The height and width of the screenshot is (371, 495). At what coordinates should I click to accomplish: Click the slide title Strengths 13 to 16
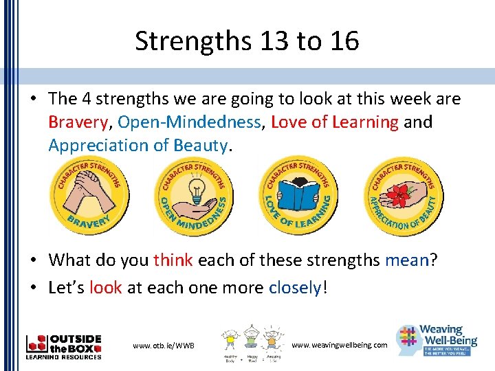point(247,41)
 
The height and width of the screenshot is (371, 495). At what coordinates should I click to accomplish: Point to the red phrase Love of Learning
point(335,122)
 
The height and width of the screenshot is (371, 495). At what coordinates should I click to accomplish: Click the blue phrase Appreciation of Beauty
point(137,146)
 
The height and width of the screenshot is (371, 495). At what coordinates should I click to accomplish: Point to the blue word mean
point(406,260)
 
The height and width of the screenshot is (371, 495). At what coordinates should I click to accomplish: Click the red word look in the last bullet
point(105,286)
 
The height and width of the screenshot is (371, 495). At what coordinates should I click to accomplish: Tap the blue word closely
point(295,286)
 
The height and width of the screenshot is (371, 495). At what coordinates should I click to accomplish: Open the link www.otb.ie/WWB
point(164,345)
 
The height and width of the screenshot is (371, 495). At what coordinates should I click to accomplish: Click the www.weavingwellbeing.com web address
point(340,344)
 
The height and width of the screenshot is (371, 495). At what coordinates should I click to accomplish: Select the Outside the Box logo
point(63,346)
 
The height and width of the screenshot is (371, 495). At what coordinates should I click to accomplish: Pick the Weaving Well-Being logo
point(437,339)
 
